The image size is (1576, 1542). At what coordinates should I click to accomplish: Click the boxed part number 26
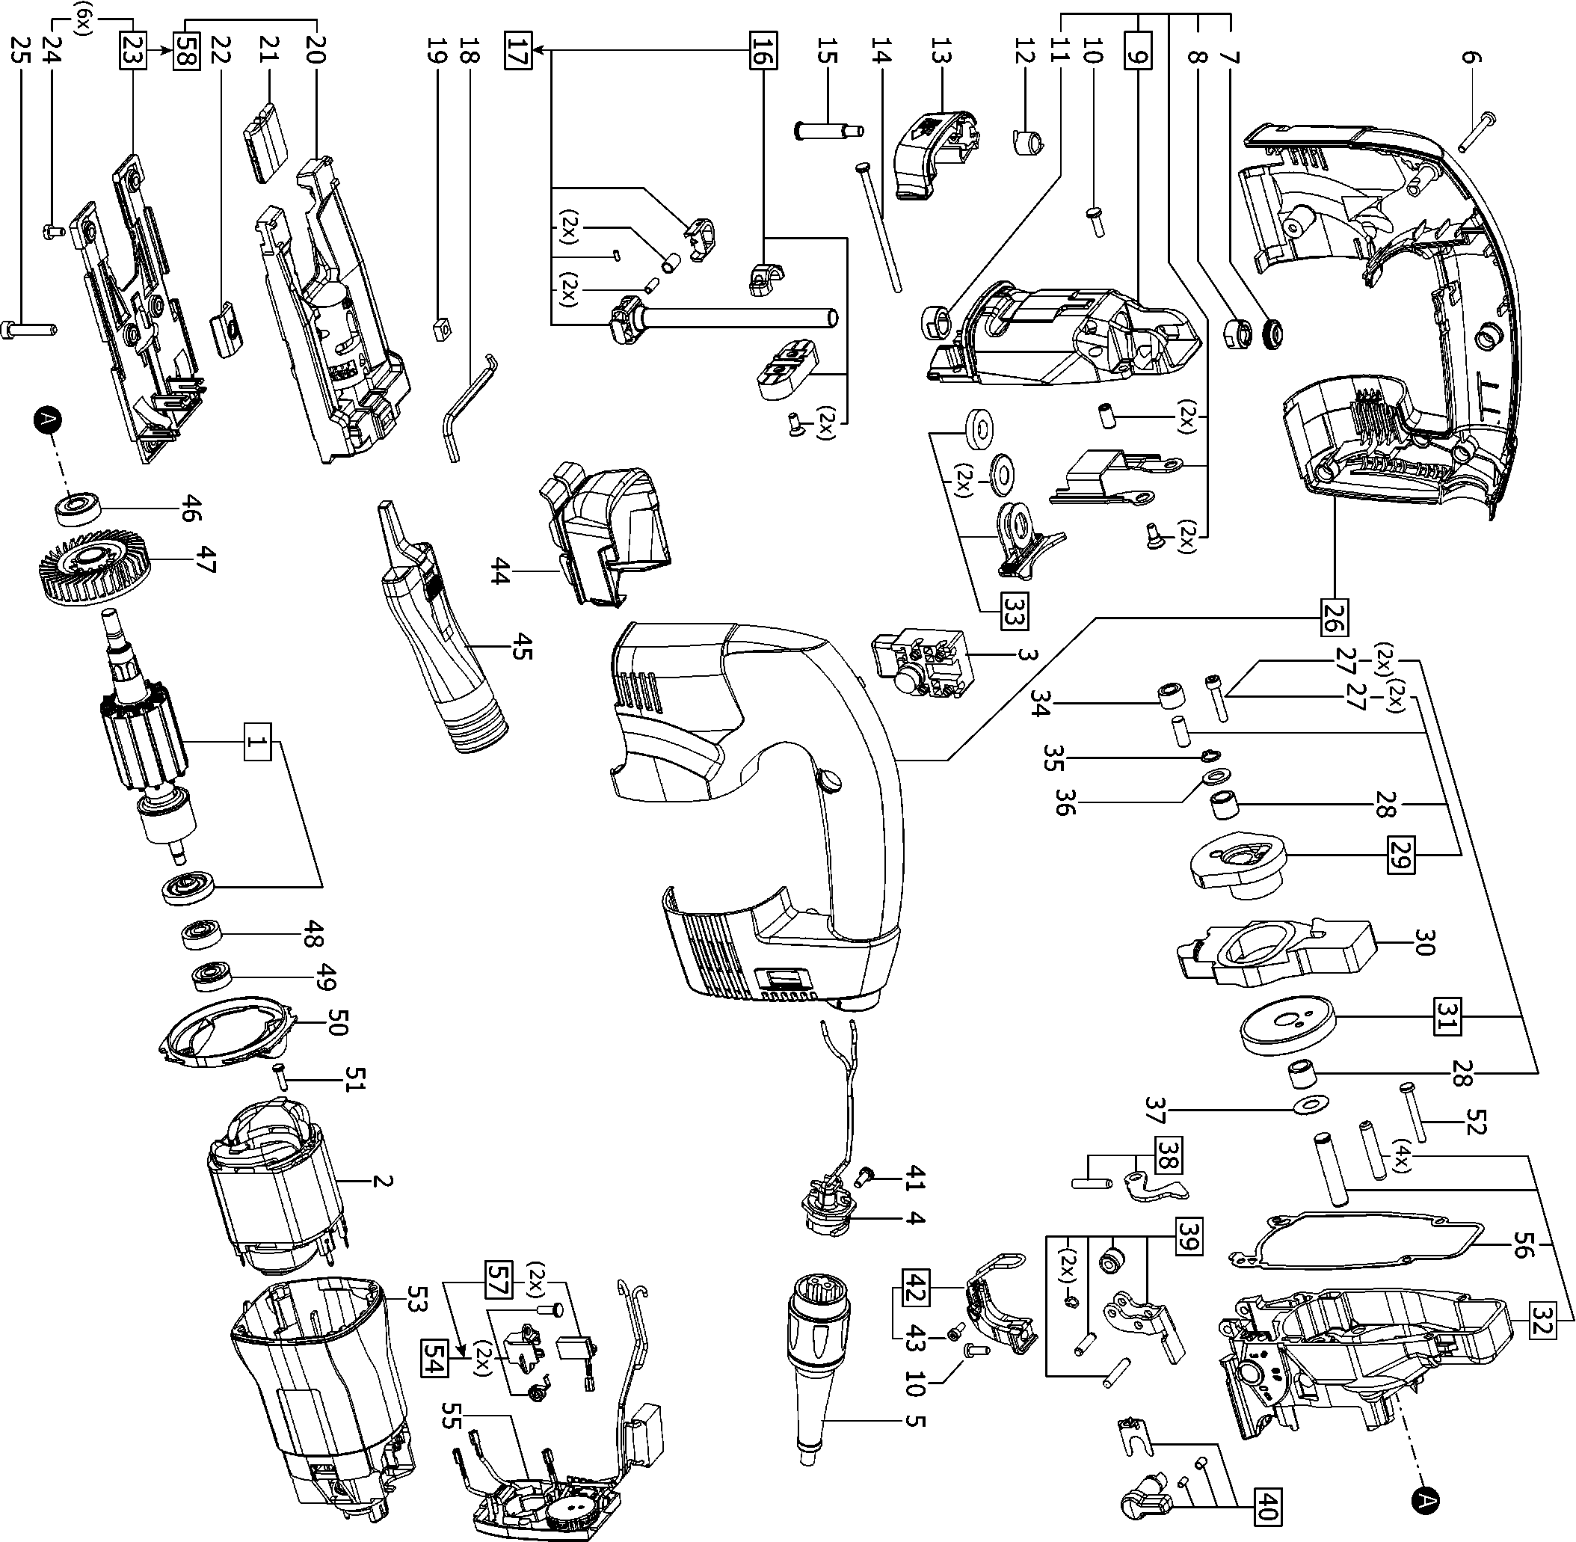click(x=1334, y=616)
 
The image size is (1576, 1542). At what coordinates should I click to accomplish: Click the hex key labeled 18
click(x=464, y=410)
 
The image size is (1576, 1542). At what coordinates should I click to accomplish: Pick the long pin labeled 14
click(x=878, y=227)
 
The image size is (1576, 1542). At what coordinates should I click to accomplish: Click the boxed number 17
click(x=518, y=51)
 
